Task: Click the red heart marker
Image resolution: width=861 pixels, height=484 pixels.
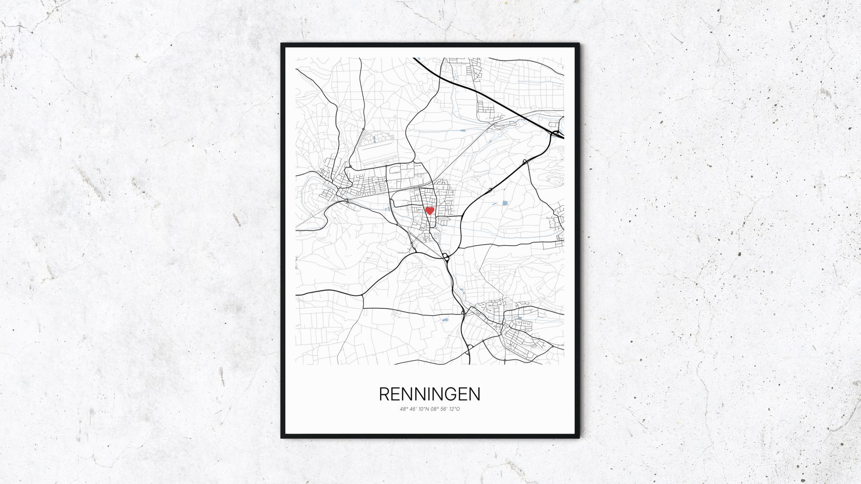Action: (x=429, y=210)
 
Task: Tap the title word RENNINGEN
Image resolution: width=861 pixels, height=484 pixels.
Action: (x=430, y=394)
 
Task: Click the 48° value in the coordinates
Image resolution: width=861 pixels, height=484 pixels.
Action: (x=404, y=409)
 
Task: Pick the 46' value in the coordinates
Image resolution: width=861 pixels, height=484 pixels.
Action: (x=413, y=409)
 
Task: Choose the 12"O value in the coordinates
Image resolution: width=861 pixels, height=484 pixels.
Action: (x=455, y=409)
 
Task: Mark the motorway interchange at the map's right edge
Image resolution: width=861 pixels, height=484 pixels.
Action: (x=556, y=133)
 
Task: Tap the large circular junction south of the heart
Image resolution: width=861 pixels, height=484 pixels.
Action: (x=445, y=257)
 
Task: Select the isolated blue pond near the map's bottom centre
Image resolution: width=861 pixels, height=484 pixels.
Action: (x=445, y=320)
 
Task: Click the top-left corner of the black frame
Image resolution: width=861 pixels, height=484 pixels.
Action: (x=282, y=44)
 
